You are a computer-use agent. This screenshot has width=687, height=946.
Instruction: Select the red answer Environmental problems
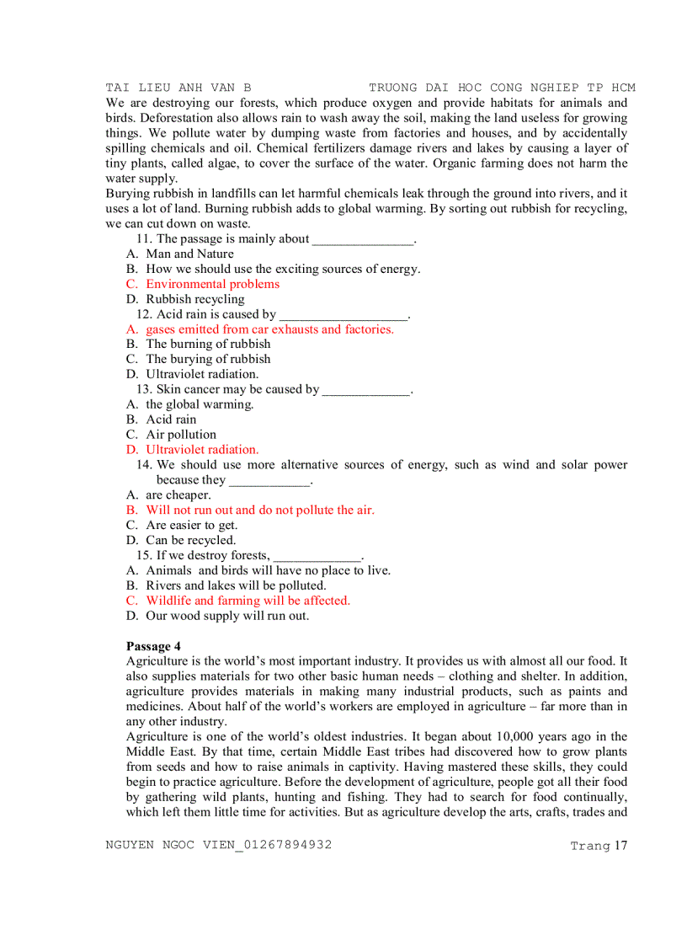tap(212, 284)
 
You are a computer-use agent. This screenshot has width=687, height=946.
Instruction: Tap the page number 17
tap(620, 845)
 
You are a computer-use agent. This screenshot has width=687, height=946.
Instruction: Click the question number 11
tap(144, 238)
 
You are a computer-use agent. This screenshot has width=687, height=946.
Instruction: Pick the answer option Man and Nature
tap(189, 254)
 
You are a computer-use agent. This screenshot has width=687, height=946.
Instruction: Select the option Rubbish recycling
tap(194, 299)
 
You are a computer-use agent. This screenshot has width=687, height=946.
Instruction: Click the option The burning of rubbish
tap(208, 344)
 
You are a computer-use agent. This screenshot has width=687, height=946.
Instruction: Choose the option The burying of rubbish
tap(208, 359)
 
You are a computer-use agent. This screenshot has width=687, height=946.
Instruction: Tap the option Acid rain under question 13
tap(171, 420)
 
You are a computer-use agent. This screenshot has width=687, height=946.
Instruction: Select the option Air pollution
tap(181, 435)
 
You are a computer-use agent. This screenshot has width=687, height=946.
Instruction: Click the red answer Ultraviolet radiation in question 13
tap(202, 450)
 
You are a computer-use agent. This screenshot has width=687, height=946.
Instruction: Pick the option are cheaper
tap(178, 495)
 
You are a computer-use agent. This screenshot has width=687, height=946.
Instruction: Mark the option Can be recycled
tap(191, 540)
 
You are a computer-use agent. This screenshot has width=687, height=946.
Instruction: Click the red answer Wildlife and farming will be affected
tap(248, 601)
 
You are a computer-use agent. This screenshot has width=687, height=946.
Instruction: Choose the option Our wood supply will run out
tap(227, 616)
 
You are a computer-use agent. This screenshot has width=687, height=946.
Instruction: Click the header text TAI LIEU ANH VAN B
tap(178, 88)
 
